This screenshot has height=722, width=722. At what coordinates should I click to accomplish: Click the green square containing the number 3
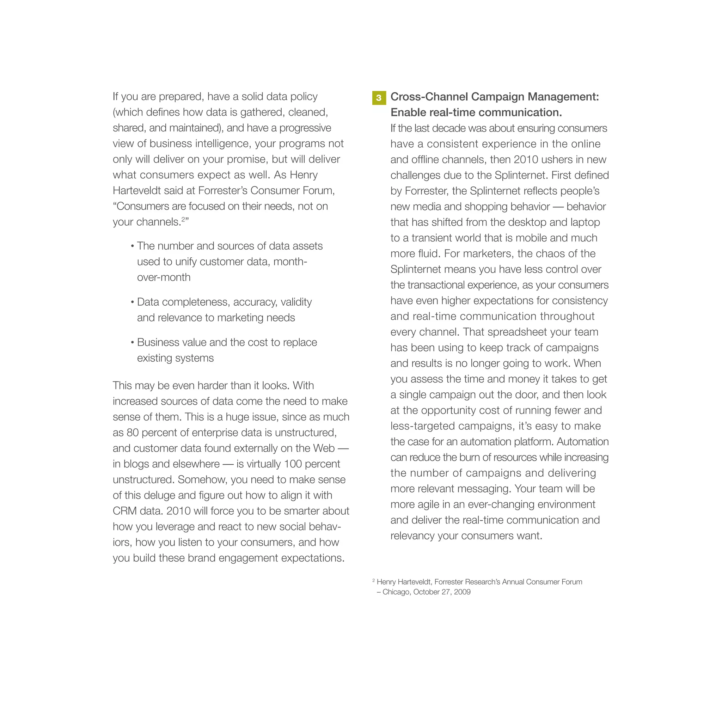tap(379, 98)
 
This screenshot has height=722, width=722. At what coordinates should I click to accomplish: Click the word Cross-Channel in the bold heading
tap(429, 97)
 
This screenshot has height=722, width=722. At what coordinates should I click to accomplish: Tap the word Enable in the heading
tap(408, 112)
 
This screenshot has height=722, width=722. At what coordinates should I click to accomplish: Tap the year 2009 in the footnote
tap(462, 592)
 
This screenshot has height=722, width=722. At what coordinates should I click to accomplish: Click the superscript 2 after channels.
tap(183, 219)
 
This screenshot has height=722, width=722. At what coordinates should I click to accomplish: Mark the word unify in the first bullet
tap(186, 262)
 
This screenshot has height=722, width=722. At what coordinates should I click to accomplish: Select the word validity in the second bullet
tap(296, 302)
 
